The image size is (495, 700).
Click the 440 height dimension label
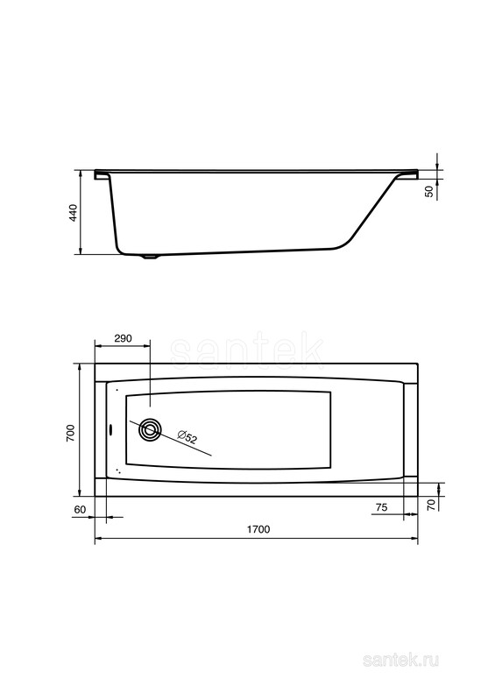(x=73, y=213)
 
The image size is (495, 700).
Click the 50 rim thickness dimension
(x=429, y=192)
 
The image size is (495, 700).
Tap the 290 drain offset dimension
(x=123, y=338)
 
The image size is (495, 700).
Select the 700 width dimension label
(x=70, y=433)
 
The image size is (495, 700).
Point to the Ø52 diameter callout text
(x=187, y=436)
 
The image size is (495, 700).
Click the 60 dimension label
(x=80, y=510)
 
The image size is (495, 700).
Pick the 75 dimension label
(x=381, y=507)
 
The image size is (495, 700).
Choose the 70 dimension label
(x=431, y=506)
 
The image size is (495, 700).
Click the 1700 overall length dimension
(x=258, y=529)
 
